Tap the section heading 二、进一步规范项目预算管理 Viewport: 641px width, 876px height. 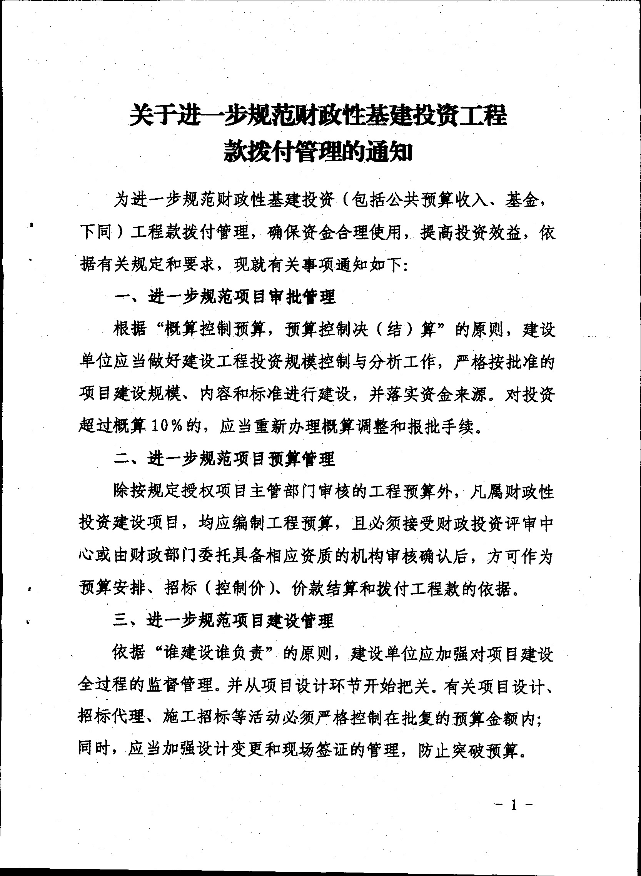224,459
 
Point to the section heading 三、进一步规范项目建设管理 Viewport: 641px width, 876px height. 224,620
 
